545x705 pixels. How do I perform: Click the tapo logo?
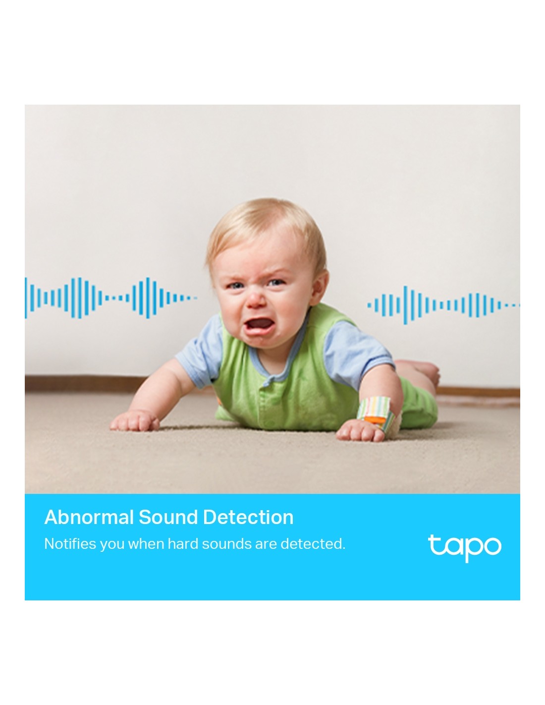[x=464, y=548]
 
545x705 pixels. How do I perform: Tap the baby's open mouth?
[x=259, y=323]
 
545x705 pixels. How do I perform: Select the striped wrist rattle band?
[x=377, y=411]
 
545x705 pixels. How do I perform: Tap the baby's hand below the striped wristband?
[x=362, y=430]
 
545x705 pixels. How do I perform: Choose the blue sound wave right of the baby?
[x=443, y=305]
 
